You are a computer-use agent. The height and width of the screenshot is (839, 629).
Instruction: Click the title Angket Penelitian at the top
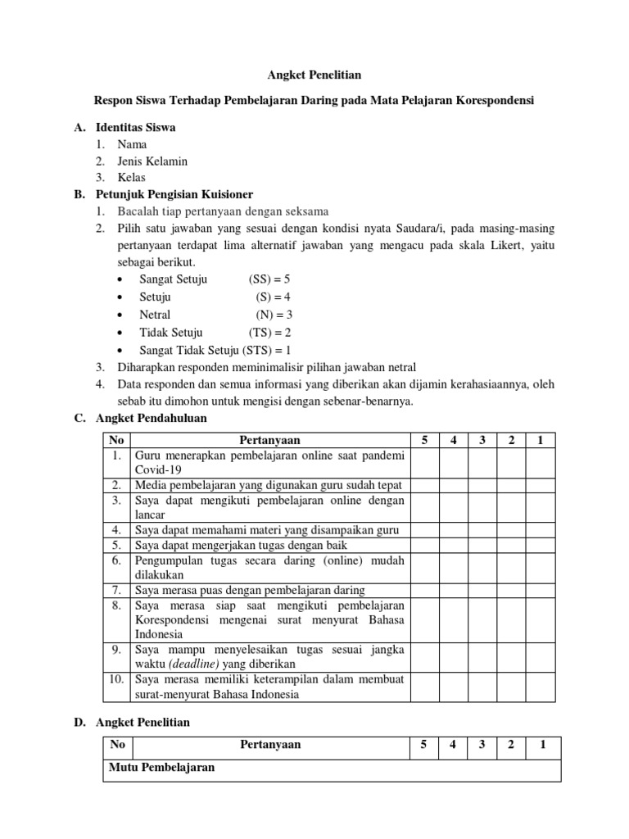[314, 75]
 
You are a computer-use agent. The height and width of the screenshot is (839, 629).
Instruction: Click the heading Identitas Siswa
[135, 128]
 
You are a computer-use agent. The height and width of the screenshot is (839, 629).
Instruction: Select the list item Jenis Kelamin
[152, 161]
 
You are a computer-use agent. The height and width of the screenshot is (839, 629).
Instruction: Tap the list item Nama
[132, 144]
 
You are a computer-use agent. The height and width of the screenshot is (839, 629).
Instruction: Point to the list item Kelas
[132, 177]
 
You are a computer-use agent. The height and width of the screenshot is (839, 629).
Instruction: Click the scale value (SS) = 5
[269, 279]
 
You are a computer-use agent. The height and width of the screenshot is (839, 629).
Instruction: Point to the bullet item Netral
[155, 315]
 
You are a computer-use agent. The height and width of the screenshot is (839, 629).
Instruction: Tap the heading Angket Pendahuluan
[152, 418]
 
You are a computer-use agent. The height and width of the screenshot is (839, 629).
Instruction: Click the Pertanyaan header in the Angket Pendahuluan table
[269, 441]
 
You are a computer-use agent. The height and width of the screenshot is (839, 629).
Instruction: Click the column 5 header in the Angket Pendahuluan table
[424, 441]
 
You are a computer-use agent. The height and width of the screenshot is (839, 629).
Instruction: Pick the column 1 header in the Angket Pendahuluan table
[540, 441]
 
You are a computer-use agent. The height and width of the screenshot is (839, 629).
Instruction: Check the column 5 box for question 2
[424, 485]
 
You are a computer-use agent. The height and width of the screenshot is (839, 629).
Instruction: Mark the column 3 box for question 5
[482, 545]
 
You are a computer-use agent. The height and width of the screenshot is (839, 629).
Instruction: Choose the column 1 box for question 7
[540, 590]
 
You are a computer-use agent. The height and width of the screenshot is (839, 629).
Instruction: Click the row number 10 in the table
[116, 679]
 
